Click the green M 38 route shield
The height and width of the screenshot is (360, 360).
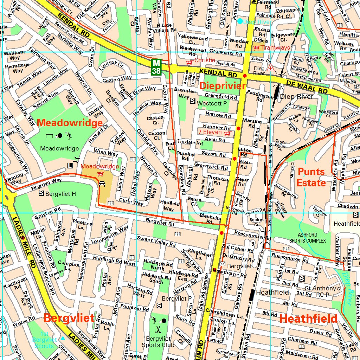point(156,67)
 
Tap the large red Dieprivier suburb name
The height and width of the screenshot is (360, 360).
point(222,86)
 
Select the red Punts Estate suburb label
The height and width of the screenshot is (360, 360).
point(311,177)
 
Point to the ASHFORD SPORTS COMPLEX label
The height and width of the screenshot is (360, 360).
point(307,238)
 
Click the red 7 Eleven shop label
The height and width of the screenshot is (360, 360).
point(210,132)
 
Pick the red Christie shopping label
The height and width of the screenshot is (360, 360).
point(204,60)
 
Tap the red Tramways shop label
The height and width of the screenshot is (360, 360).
point(275,47)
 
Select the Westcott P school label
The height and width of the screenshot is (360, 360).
point(212,103)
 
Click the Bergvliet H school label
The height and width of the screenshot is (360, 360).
point(60,194)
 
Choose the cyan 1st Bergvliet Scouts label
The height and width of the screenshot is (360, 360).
point(44,340)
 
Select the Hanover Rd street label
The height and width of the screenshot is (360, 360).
point(217,127)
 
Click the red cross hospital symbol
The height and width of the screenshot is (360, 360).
point(270,68)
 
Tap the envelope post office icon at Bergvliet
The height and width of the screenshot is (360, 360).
point(222,264)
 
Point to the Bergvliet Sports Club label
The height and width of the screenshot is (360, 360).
point(158,342)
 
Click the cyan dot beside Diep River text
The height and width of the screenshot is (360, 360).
point(240,21)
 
